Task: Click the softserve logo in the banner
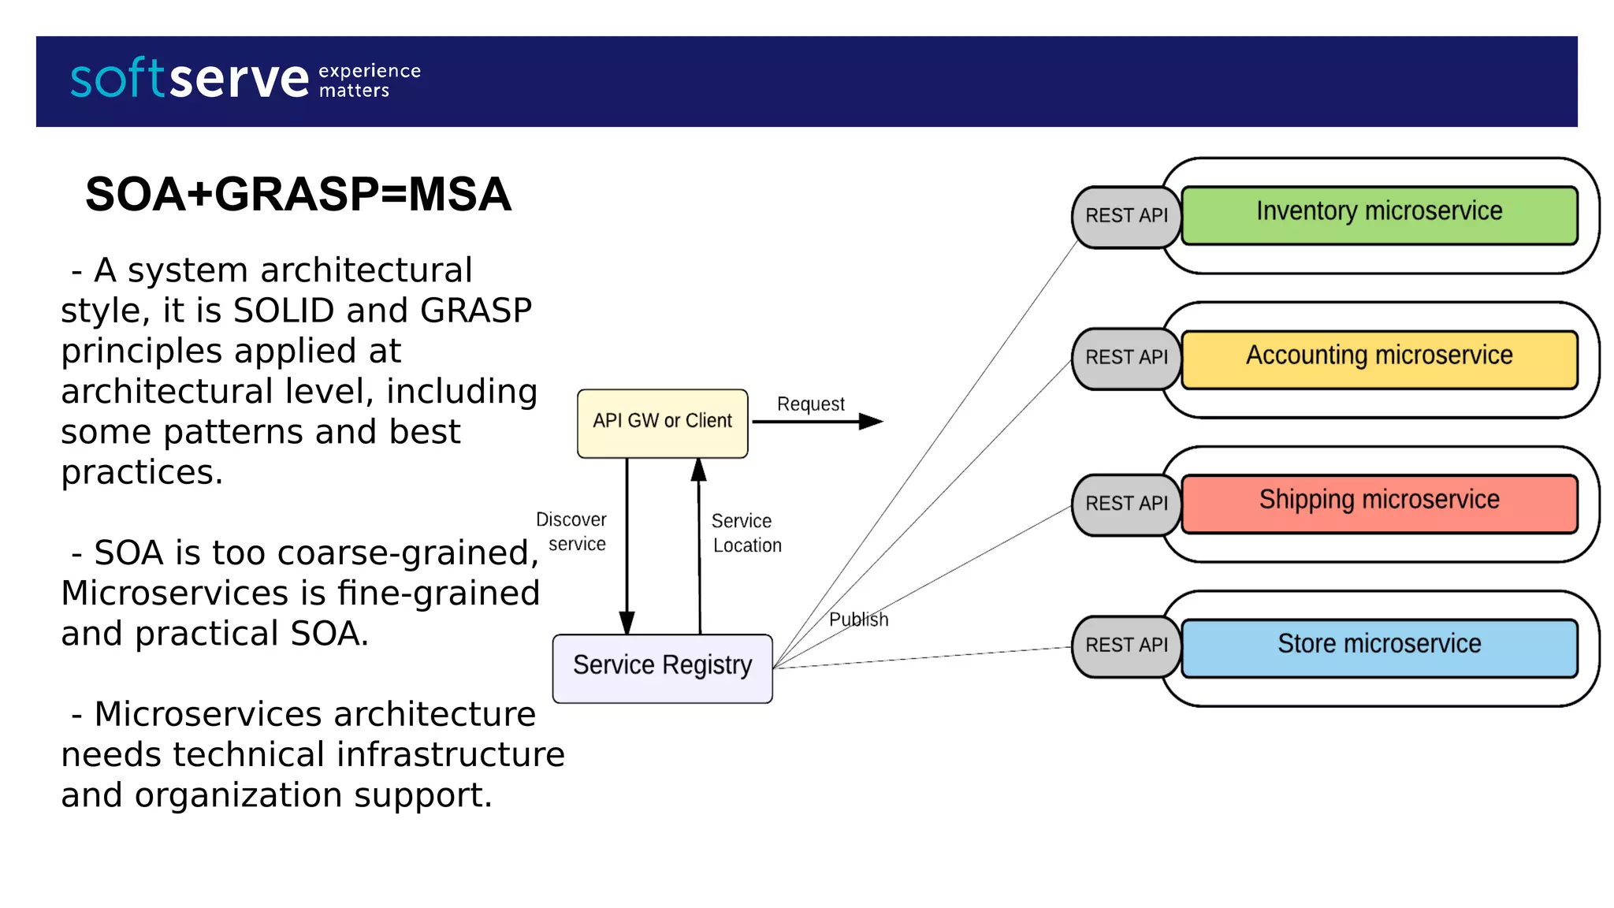click(x=189, y=80)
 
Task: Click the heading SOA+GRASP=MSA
click(x=298, y=195)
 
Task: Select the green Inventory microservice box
click(x=1378, y=214)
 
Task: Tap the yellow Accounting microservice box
click(x=1378, y=359)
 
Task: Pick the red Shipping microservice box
click(x=1378, y=503)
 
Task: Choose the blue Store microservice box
click(x=1378, y=647)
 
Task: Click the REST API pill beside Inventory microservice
click(x=1125, y=216)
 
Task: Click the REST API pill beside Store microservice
click(x=1125, y=646)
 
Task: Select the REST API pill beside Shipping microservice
click(x=1125, y=504)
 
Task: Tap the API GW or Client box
click(x=662, y=422)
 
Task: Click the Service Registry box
click(x=662, y=667)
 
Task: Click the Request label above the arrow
click(x=810, y=404)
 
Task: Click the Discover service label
click(x=572, y=532)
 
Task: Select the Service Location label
click(x=746, y=534)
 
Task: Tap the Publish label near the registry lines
click(x=858, y=620)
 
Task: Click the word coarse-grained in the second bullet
click(x=407, y=553)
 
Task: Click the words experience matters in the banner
click(x=369, y=80)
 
